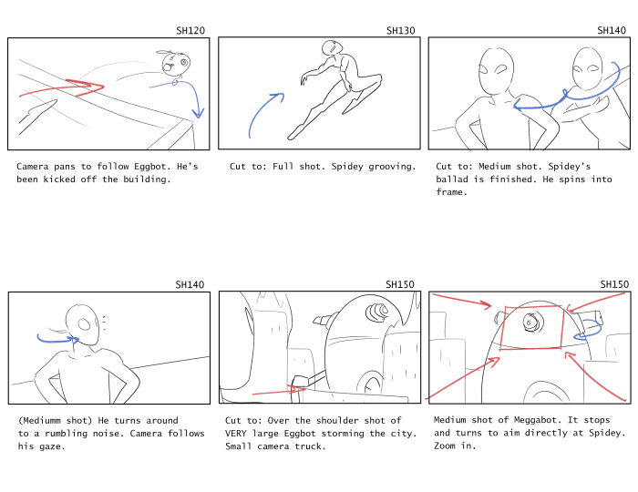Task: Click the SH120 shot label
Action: (190, 30)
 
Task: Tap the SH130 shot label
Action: (401, 30)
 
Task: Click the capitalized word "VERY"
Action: (235, 434)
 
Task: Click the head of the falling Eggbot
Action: (176, 64)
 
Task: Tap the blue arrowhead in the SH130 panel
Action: (277, 97)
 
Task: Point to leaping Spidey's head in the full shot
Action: (330, 47)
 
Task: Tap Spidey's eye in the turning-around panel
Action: (84, 324)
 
